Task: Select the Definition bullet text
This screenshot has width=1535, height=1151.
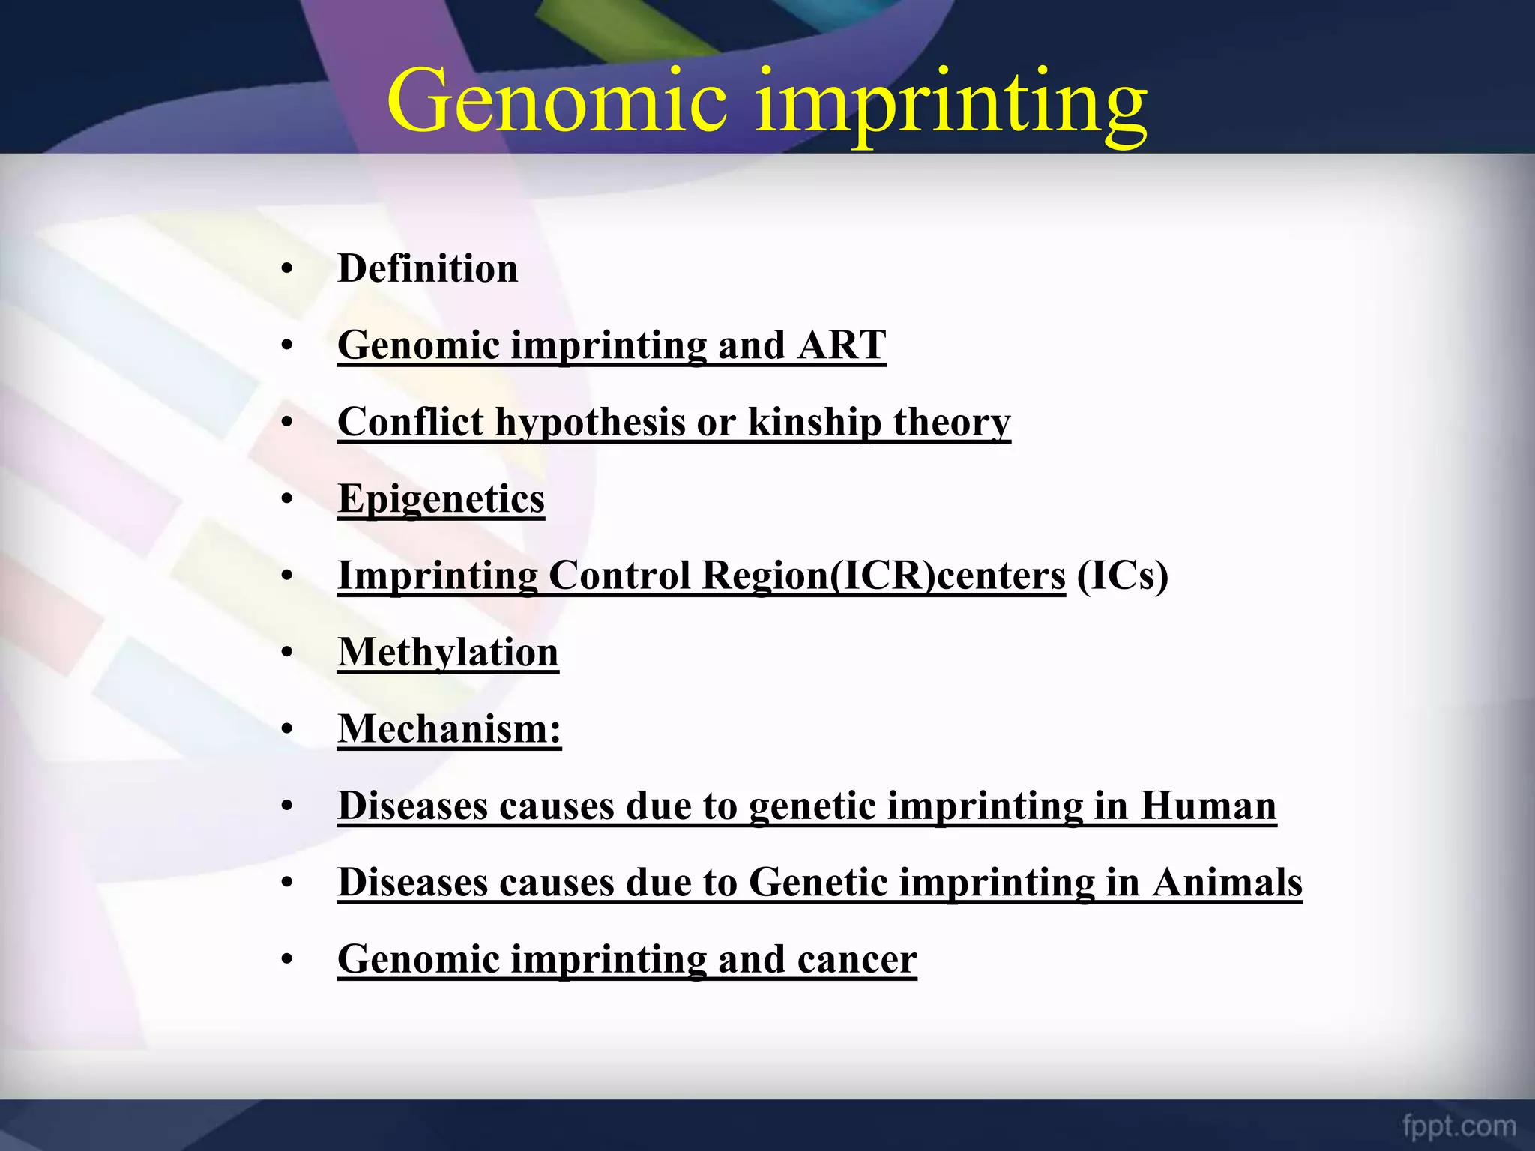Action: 427,268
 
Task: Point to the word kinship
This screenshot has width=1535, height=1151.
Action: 814,422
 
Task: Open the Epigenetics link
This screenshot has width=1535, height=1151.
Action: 441,499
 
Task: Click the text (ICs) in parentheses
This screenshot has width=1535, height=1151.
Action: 1122,575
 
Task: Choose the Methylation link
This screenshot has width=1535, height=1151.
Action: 447,652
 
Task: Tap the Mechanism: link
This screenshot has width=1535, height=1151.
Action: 449,729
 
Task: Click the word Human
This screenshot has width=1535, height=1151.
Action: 1208,806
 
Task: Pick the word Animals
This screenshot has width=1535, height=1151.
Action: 1227,882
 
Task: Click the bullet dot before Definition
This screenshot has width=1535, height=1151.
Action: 286,270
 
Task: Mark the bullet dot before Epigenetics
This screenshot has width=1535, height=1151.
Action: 286,500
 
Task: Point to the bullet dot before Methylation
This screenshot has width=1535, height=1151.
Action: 286,653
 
